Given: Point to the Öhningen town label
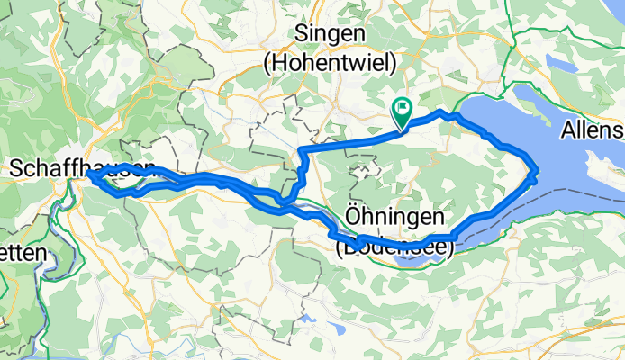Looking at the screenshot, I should point(394,218).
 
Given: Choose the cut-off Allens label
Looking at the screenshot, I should point(592,131).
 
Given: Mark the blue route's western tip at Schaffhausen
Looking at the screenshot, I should point(90,176).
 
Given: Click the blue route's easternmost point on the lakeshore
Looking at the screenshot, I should point(537,171).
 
